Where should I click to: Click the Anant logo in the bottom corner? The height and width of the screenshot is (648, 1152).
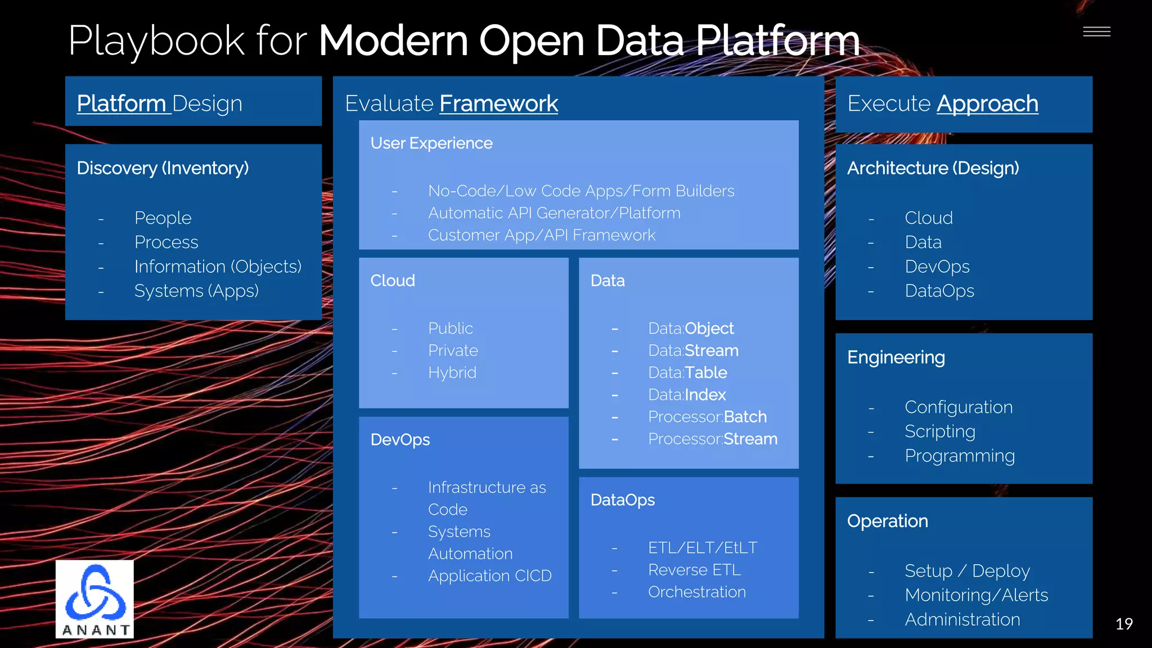coord(94,598)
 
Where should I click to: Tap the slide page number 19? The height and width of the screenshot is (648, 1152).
coord(1123,624)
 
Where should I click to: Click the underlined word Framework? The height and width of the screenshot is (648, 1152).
coord(498,103)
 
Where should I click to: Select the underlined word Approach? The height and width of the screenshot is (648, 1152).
coord(987,103)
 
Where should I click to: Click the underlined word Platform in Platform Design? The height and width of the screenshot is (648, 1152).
coord(121,103)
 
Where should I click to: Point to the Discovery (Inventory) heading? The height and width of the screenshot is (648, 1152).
coord(163,168)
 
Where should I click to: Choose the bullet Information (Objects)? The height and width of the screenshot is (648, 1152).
coord(218,267)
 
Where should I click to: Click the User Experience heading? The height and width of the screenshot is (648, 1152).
coord(431,143)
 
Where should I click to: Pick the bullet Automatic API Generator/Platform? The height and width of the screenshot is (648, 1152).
coord(554,213)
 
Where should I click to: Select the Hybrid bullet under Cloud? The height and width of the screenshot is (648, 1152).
coord(452,372)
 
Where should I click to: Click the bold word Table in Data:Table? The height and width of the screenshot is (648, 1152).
coord(706,372)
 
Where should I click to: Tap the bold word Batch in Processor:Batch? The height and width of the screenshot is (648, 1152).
coord(745,417)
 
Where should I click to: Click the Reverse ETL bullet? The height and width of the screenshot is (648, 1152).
coord(694,570)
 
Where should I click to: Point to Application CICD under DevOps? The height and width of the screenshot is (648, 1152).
coord(489,576)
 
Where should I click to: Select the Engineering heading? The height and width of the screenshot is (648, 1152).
coord(895,358)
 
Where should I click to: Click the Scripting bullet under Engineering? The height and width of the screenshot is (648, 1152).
coord(939,431)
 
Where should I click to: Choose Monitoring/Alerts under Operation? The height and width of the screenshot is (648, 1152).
coord(976,595)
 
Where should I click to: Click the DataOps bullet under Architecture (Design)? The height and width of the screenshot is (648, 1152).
coord(939,291)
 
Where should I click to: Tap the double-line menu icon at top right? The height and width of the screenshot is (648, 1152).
coord(1096,32)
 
